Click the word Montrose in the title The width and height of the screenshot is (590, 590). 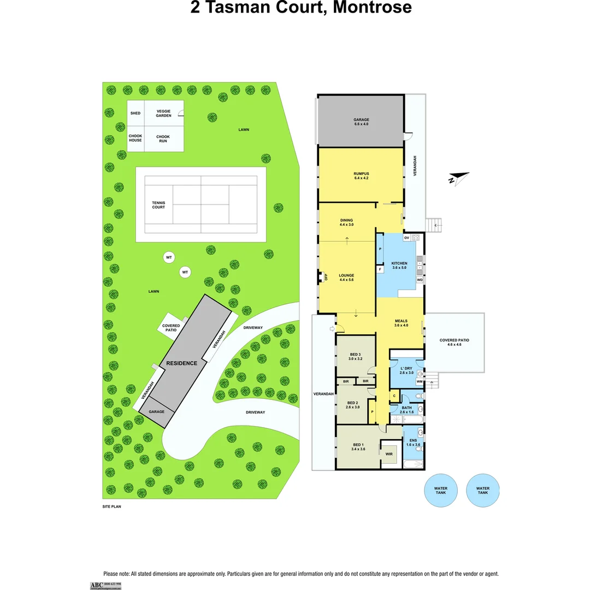pos(372,8)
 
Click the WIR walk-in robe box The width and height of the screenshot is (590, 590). pos(390,454)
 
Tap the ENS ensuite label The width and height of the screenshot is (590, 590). pos(413,442)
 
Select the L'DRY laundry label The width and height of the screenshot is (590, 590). pos(405,369)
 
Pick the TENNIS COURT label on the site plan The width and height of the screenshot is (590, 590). pos(158,205)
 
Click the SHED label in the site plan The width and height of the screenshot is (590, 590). pos(135,113)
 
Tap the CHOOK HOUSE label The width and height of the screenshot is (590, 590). pos(135,138)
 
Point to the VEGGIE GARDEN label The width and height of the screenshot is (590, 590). pos(164,113)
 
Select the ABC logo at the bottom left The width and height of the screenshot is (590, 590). pos(96,585)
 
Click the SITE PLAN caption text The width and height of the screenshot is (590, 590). pos(111,506)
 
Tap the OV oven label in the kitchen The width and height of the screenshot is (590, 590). pos(406,238)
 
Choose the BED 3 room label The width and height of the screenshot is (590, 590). pos(355,357)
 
